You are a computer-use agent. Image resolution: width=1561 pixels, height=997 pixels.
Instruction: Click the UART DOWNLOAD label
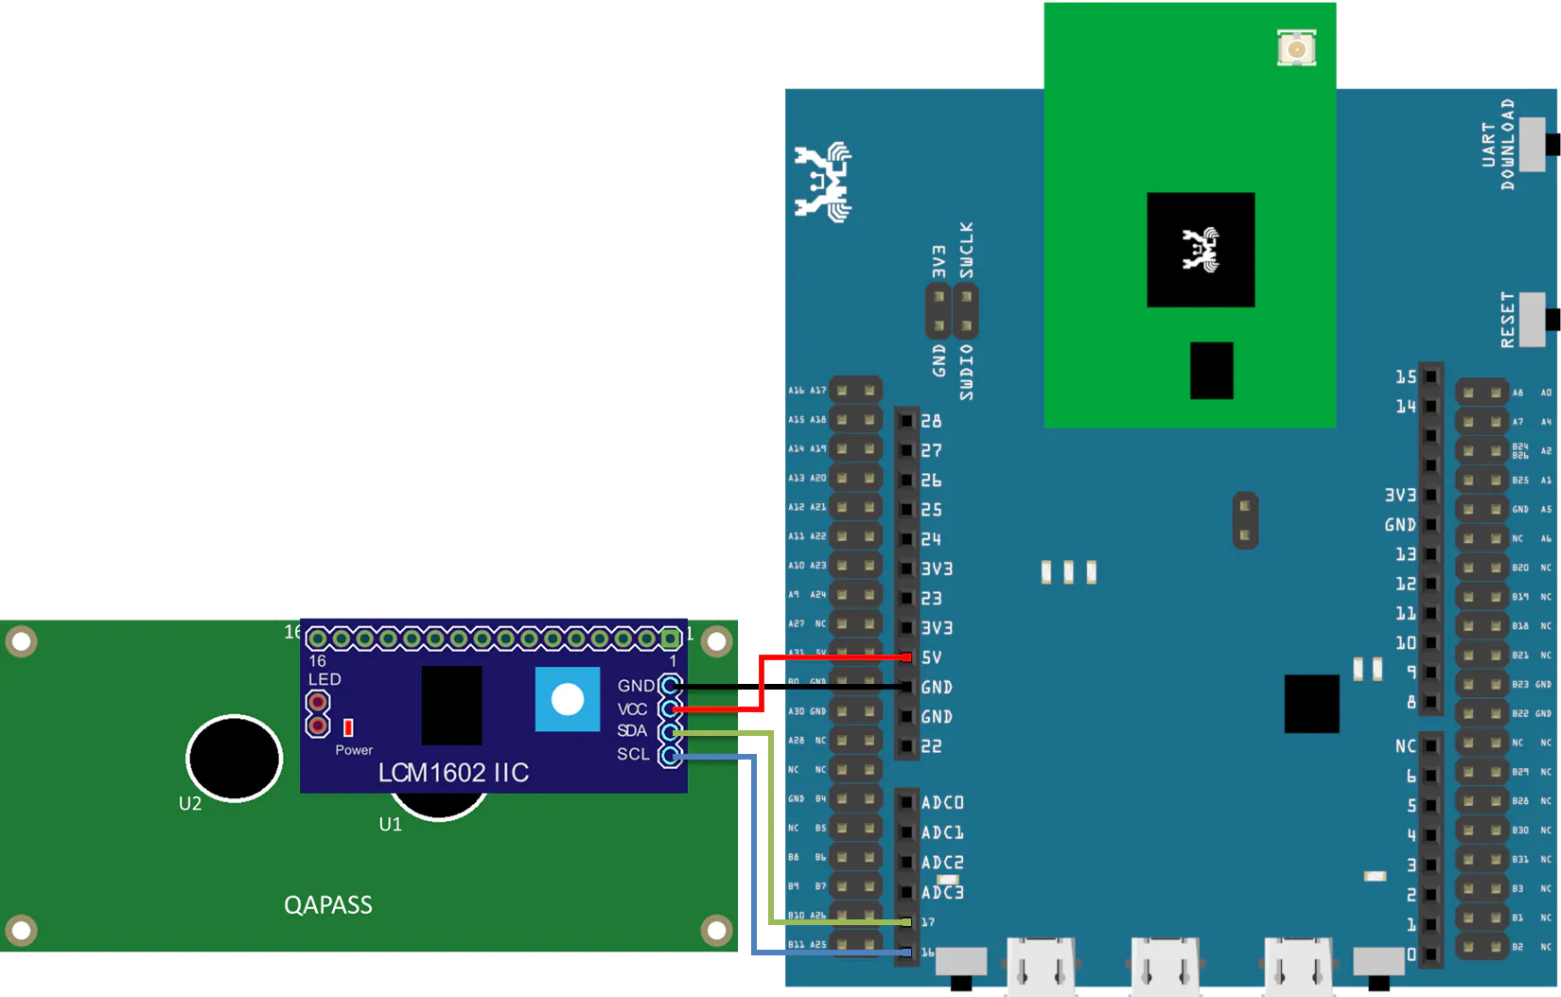click(x=1499, y=145)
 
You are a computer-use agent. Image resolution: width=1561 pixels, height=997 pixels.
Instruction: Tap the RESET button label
click(x=1508, y=320)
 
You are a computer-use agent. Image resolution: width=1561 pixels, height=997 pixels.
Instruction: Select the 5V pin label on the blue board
click(x=932, y=657)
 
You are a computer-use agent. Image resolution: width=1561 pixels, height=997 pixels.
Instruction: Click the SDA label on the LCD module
click(x=632, y=731)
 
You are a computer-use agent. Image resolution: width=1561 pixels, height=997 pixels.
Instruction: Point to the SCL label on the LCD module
click(x=633, y=754)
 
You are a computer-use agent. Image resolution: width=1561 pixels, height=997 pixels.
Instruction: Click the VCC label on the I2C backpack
click(x=632, y=709)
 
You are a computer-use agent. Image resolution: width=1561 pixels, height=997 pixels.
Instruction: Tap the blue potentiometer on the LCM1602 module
click(x=568, y=700)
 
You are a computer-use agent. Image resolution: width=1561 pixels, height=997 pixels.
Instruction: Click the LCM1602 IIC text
click(x=453, y=773)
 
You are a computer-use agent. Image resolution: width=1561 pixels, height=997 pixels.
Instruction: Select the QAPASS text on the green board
click(x=328, y=905)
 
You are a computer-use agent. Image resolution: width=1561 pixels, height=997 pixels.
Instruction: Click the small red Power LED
click(x=348, y=727)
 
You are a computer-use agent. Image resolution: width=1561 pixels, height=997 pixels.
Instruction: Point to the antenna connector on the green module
click(x=1296, y=48)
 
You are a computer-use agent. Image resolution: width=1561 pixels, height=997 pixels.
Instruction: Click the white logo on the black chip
click(x=1201, y=249)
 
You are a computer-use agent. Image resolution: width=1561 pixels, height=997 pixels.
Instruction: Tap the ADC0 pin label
click(x=942, y=803)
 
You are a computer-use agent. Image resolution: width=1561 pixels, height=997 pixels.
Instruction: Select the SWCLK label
click(x=966, y=251)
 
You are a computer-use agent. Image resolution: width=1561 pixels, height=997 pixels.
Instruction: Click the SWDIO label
click(x=966, y=372)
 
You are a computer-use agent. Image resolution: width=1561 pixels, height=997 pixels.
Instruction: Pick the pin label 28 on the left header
click(x=932, y=421)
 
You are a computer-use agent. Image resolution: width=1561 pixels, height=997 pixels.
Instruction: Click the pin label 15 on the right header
click(x=1406, y=377)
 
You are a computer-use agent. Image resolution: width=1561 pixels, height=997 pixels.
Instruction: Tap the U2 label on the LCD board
click(x=190, y=804)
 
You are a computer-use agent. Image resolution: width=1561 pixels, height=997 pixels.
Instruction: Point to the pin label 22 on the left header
click(x=932, y=746)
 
